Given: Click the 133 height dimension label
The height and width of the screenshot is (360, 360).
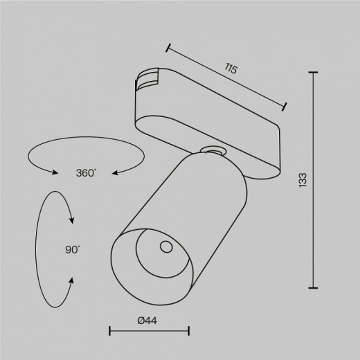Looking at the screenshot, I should (303, 179).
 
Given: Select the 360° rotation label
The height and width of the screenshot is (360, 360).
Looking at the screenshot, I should (87, 172).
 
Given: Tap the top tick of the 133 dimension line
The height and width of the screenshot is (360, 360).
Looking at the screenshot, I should (315, 72).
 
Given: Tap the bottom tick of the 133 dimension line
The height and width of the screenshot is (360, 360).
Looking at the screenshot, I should (315, 287).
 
